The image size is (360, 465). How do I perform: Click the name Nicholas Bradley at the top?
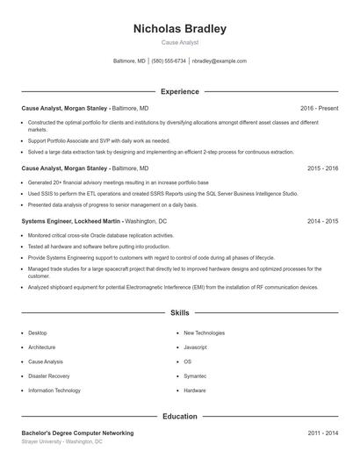tap(179, 29)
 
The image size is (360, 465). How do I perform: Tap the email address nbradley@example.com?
tap(219, 61)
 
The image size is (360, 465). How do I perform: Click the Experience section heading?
tap(179, 91)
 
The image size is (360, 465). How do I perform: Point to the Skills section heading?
tap(179, 312)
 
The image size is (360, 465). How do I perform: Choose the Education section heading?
tap(179, 416)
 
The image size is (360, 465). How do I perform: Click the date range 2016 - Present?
tap(319, 108)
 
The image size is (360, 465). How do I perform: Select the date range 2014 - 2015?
tap(322, 221)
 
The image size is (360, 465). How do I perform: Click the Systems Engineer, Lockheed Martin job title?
tap(71, 221)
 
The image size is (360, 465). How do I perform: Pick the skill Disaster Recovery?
tap(48, 376)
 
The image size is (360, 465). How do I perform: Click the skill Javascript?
tap(195, 347)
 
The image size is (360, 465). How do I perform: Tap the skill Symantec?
tap(195, 376)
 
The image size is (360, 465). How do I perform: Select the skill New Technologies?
tap(204, 333)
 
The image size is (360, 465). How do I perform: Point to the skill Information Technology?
tap(54, 390)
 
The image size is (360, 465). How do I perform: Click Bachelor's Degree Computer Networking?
tap(77, 433)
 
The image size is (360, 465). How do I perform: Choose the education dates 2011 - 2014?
tap(322, 433)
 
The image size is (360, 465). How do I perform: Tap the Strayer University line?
tap(61, 442)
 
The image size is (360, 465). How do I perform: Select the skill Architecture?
tap(42, 347)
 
